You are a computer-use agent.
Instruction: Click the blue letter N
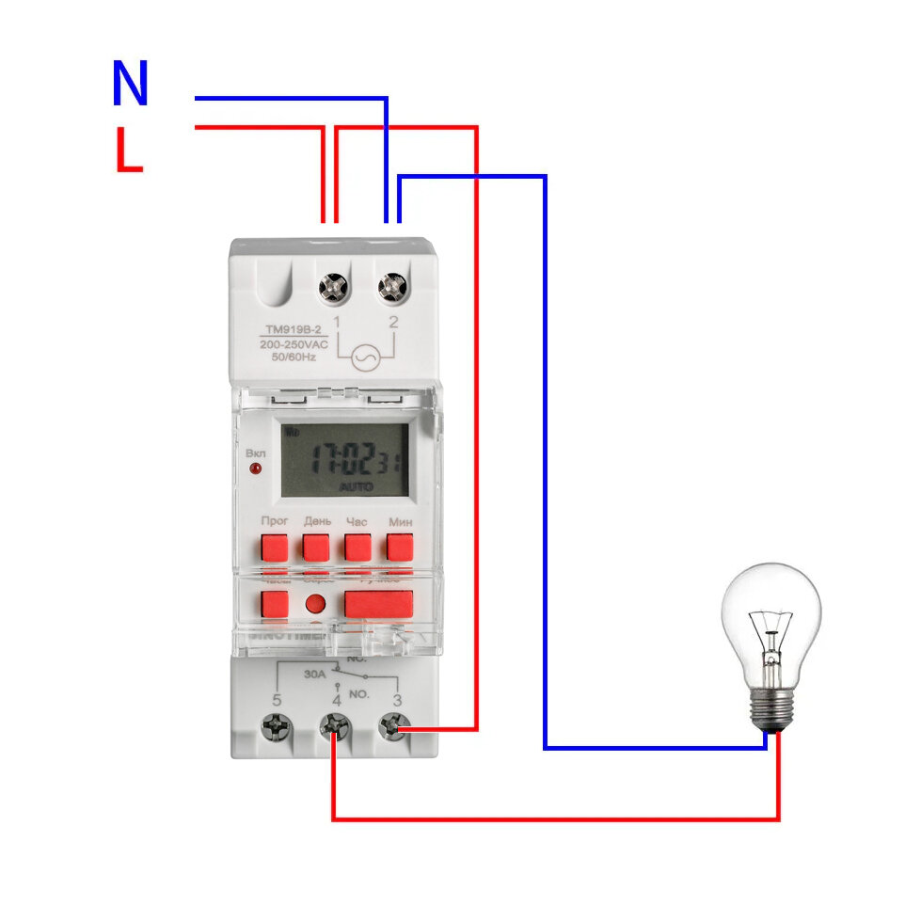pos(130,84)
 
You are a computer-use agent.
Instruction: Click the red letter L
pos(128,151)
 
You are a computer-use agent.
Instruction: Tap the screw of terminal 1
pos(334,286)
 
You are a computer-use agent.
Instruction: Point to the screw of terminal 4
pos(334,725)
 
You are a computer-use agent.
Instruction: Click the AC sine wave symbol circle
pos(364,357)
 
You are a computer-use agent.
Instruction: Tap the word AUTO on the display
pos(357,486)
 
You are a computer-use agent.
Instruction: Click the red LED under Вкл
pos(255,468)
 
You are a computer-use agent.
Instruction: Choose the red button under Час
pos(357,547)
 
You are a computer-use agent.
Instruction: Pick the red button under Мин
pos(400,547)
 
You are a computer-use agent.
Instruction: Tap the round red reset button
pos(316,604)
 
